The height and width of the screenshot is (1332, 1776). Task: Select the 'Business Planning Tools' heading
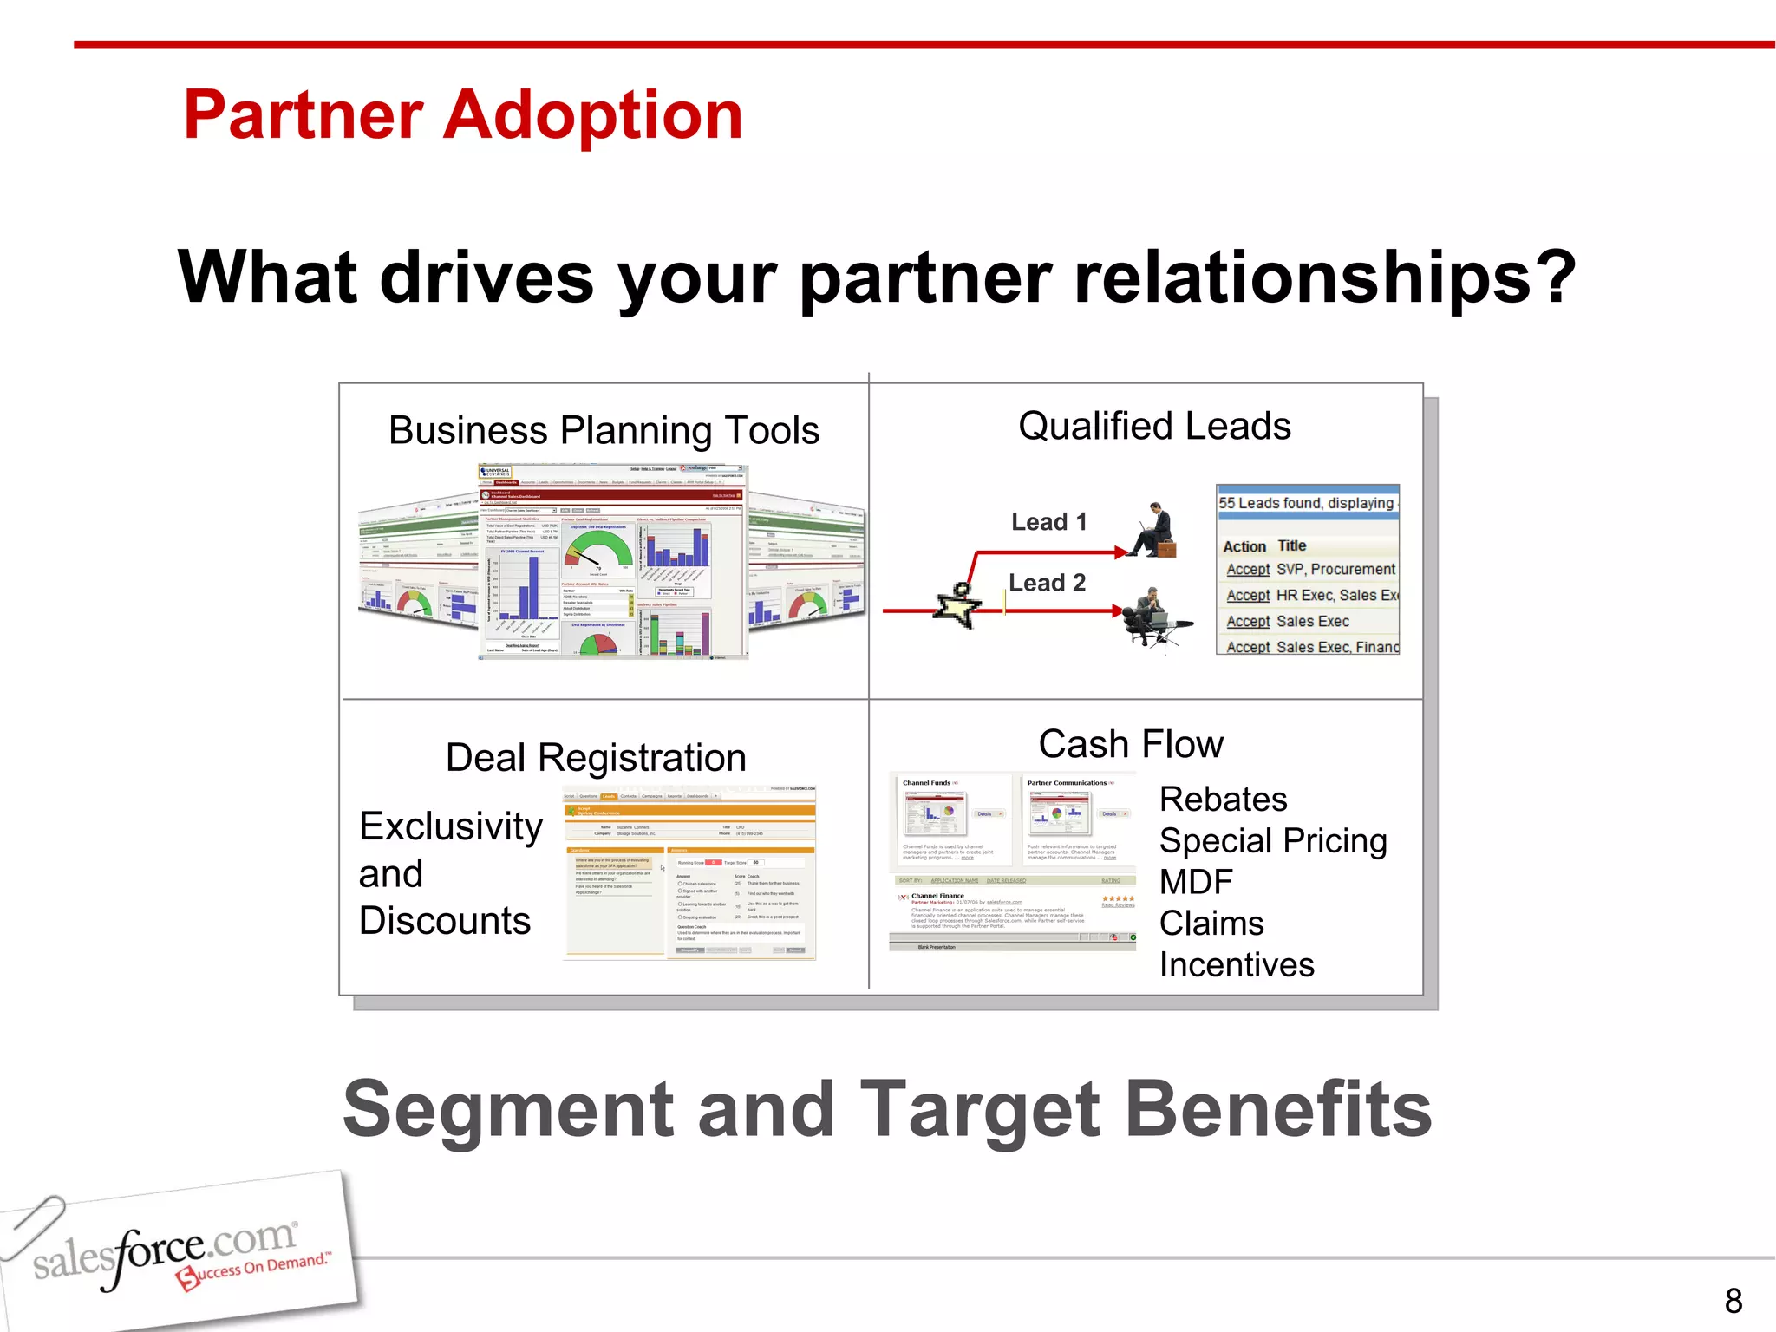pyautogui.click(x=604, y=430)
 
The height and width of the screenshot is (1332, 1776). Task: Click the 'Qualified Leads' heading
pyautogui.click(x=1154, y=427)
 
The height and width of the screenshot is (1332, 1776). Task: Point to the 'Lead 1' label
pyautogui.click(x=1048, y=522)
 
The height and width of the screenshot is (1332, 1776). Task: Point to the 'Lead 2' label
pyautogui.click(x=1047, y=583)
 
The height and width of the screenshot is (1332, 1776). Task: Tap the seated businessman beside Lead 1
pyautogui.click(x=1154, y=531)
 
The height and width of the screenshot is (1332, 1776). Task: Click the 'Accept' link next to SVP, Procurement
pyautogui.click(x=1247, y=570)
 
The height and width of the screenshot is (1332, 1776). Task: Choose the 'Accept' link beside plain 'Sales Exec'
pyautogui.click(x=1247, y=622)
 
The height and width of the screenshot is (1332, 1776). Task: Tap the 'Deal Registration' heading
pyautogui.click(x=596, y=758)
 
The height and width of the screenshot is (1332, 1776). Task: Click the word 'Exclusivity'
pyautogui.click(x=451, y=826)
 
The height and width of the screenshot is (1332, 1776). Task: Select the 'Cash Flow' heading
pyautogui.click(x=1131, y=745)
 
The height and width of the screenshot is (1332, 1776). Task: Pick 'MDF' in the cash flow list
pyautogui.click(x=1195, y=882)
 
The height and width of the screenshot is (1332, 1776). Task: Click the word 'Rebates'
pyautogui.click(x=1223, y=800)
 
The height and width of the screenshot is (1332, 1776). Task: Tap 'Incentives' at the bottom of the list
pyautogui.click(x=1237, y=965)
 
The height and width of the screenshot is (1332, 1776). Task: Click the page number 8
pyautogui.click(x=1733, y=1301)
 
